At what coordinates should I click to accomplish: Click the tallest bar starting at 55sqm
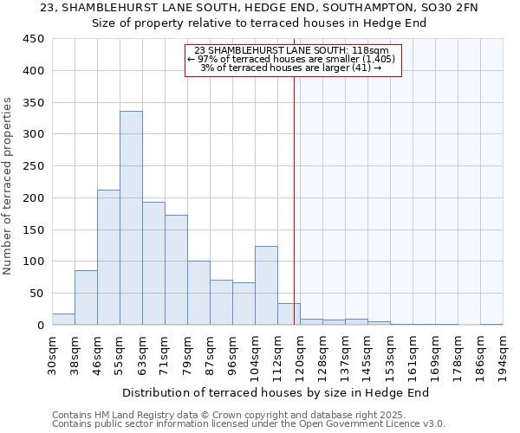point(131,218)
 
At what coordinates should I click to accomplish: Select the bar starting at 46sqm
point(108,257)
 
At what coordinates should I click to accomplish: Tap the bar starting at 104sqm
point(266,286)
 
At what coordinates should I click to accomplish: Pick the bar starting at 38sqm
point(86,298)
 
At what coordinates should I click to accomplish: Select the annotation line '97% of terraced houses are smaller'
point(291,59)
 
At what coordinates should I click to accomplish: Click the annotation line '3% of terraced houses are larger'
point(291,68)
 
